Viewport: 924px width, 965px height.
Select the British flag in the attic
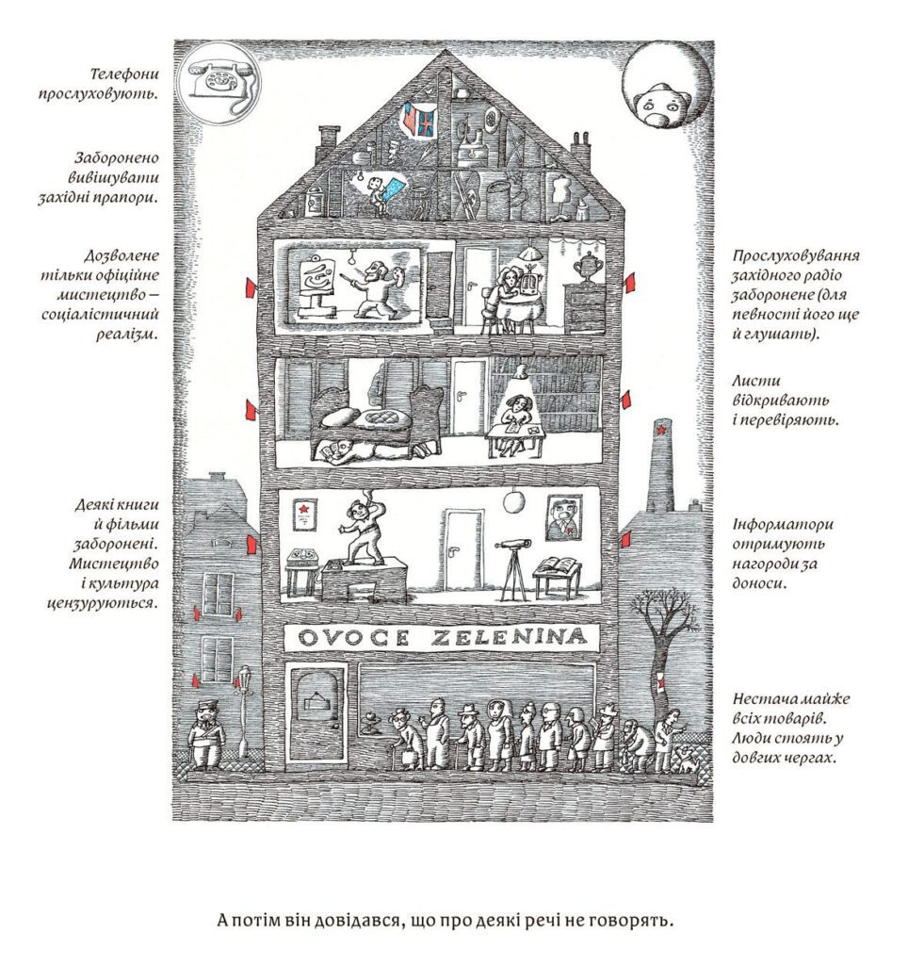click(x=426, y=122)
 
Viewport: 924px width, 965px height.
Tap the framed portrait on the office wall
click(x=565, y=517)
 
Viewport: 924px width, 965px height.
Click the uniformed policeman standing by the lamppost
click(x=206, y=735)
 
